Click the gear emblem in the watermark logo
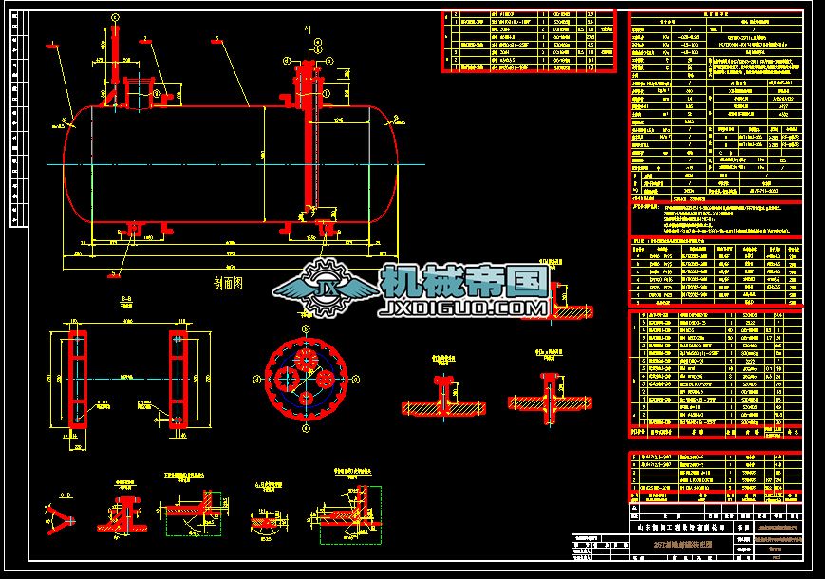(x=327, y=290)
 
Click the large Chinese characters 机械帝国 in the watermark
(x=465, y=281)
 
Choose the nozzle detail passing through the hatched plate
(x=549, y=394)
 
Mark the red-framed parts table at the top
(x=528, y=41)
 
